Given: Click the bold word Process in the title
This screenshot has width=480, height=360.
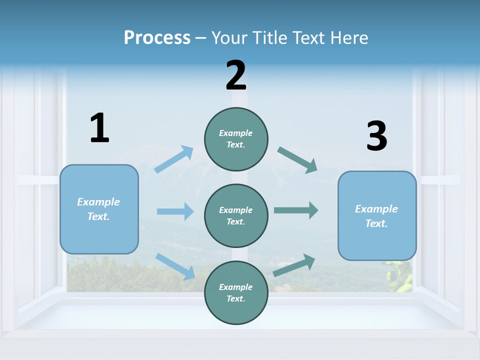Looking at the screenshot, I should click(x=157, y=37).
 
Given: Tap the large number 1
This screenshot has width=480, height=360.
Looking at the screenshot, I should click(x=99, y=128).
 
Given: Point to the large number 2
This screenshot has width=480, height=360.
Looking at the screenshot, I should click(x=236, y=75).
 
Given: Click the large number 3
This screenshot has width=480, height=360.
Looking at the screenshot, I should click(x=377, y=136).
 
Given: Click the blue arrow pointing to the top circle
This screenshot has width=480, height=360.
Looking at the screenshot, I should click(x=174, y=159).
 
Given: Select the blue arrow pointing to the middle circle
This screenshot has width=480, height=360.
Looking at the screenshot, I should click(x=175, y=211).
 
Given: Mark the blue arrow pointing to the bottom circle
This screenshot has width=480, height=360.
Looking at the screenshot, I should click(x=175, y=266).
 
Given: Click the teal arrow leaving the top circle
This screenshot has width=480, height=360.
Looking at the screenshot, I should click(x=297, y=160).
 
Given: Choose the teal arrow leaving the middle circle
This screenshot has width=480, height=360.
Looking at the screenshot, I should click(x=296, y=210).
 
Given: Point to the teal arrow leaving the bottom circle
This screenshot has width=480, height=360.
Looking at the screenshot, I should click(x=294, y=265).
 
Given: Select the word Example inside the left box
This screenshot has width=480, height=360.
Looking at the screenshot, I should click(x=98, y=202).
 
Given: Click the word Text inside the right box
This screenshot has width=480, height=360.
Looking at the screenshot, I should click(x=376, y=223).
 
